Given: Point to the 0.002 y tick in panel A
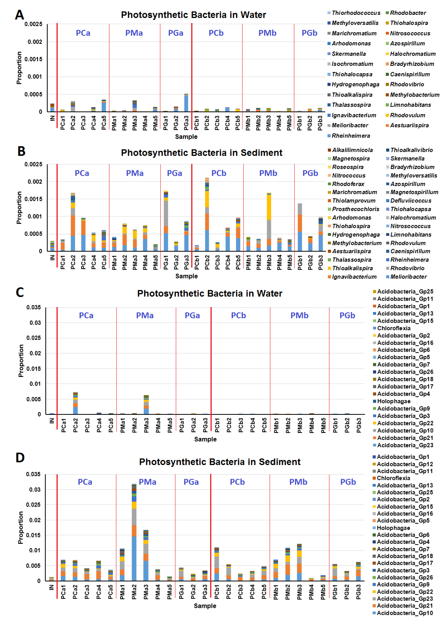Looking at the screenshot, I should [35, 42].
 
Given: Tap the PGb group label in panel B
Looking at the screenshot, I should [310, 173].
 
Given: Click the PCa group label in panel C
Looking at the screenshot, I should [86, 315].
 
